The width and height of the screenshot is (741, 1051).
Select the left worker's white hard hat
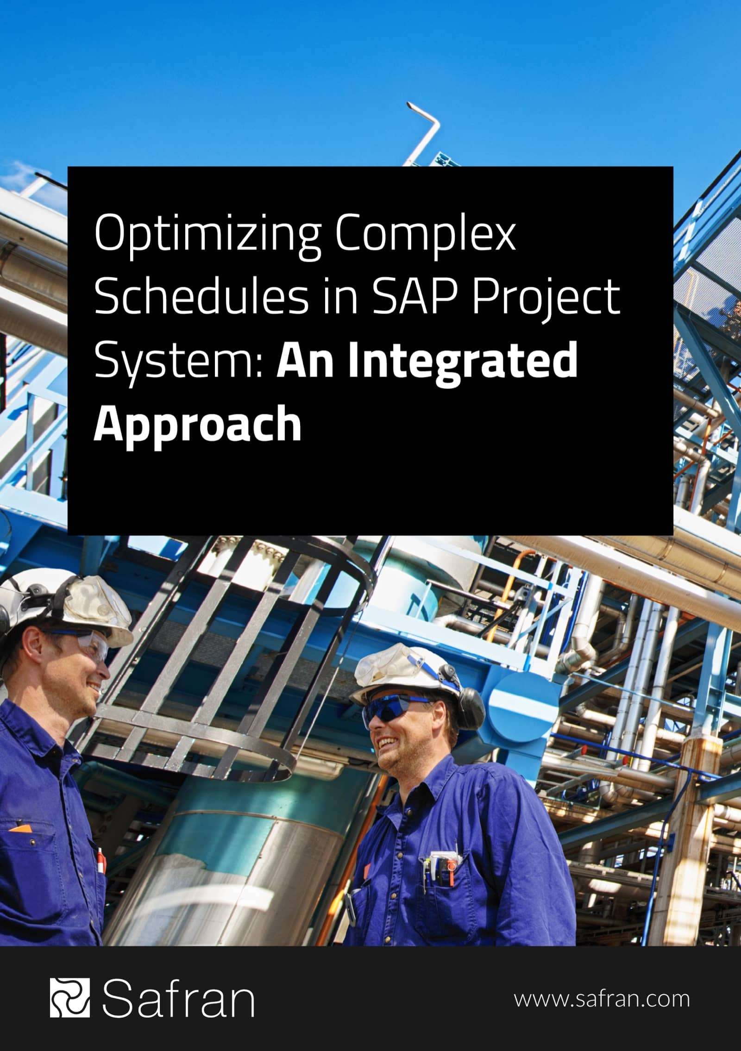point(69,602)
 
